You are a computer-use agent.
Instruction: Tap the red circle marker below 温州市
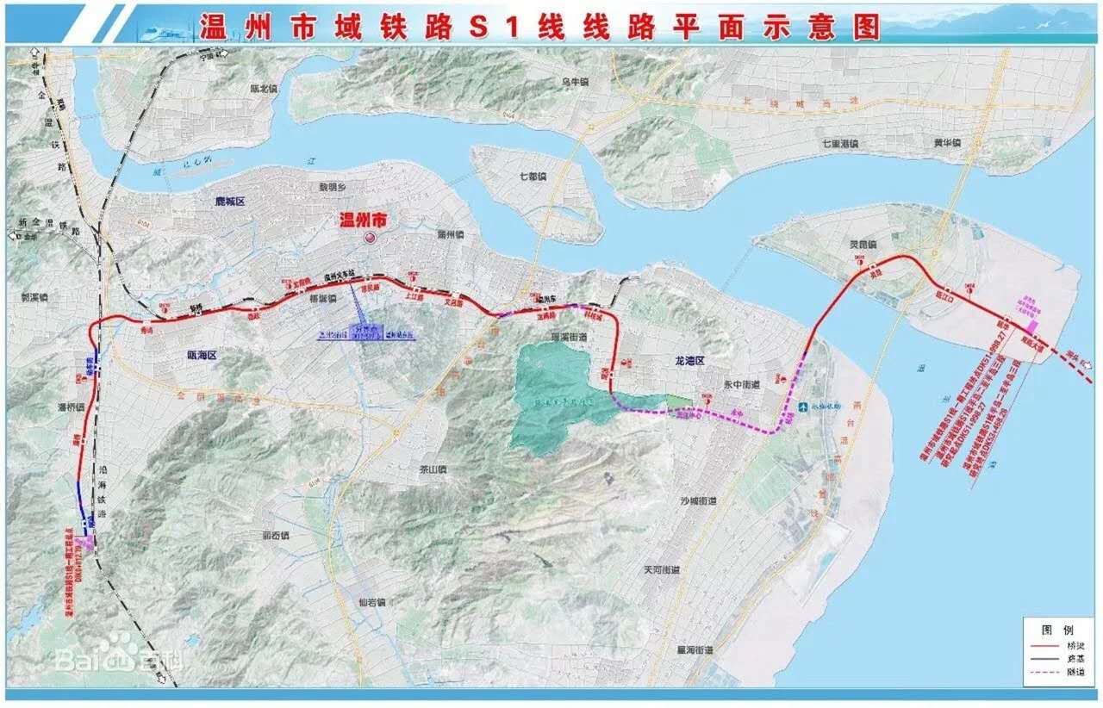[x=371, y=239]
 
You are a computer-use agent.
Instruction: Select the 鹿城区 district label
[x=230, y=202]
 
